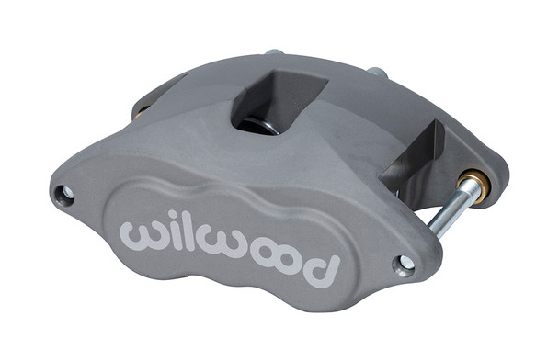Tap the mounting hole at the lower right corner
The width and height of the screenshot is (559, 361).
405,265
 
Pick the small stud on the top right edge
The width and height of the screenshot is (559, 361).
376,71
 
